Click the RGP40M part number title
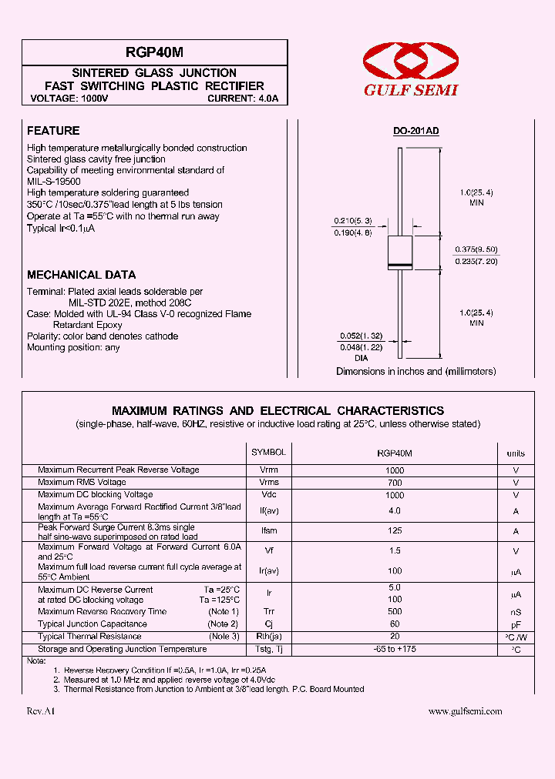[155, 53]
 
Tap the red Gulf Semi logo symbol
[410, 62]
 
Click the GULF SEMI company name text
[411, 90]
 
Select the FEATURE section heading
[53, 131]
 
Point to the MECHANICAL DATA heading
[81, 275]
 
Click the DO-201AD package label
[415, 132]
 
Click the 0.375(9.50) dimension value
[476, 250]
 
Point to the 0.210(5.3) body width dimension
[351, 221]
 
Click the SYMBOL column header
[268, 453]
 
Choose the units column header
[515, 453]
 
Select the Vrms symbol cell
[268, 482]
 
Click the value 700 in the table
[394, 483]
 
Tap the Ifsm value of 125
[394, 531]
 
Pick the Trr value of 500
[394, 612]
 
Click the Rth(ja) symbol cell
[268, 637]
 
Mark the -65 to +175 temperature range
[394, 650]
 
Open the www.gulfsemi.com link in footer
[465, 711]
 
